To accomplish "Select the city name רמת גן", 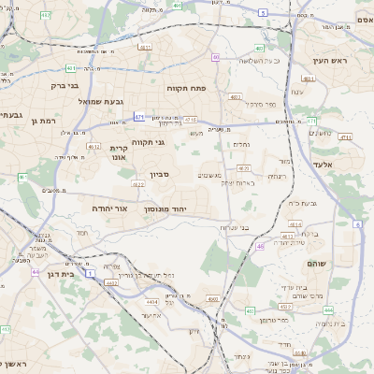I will [x=44, y=121].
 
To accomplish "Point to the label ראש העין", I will [x=331, y=60].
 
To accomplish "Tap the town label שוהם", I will [x=316, y=264].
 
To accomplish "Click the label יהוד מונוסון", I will [x=166, y=209].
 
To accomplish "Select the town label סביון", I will [x=159, y=174].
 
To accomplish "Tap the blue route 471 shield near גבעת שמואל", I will [x=139, y=117].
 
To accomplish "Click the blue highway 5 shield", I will [x=264, y=13].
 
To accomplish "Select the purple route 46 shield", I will [x=259, y=247].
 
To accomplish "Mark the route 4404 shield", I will [x=151, y=302].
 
